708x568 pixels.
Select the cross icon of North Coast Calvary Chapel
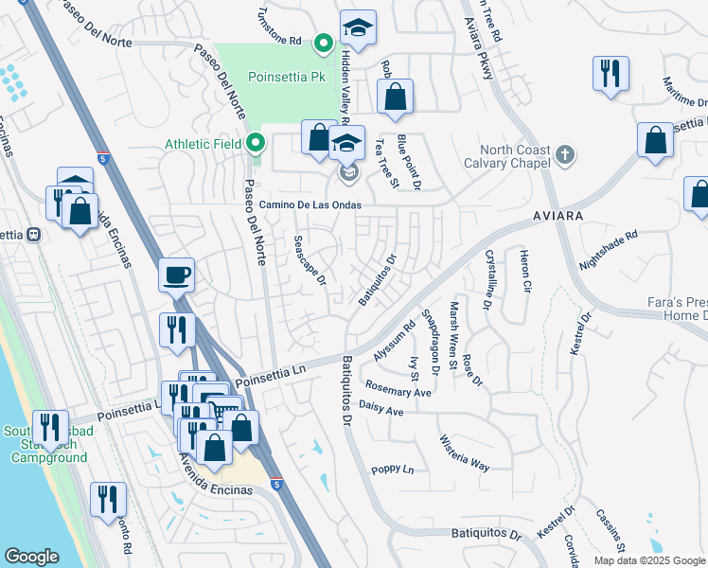564,153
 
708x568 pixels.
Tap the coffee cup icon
177,275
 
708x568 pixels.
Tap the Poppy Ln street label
393,470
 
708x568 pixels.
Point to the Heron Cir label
524,271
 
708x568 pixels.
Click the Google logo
31,557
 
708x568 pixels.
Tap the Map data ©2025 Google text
650,560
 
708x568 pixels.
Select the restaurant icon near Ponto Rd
108,497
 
